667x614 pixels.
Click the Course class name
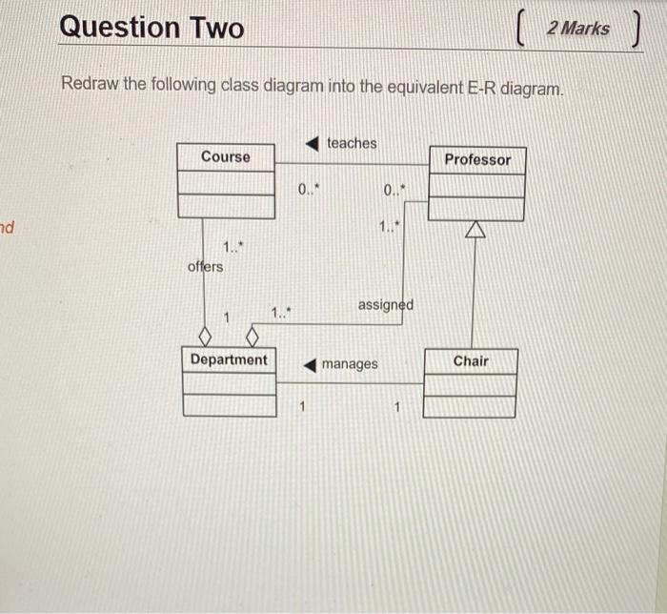click(226, 157)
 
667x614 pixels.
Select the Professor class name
click(477, 160)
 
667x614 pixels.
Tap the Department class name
click(229, 359)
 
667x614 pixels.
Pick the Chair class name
click(471, 360)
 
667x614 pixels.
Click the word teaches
click(352, 143)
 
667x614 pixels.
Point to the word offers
click(206, 266)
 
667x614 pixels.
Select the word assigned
click(385, 305)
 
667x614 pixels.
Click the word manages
click(350, 364)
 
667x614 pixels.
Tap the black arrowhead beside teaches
click(312, 143)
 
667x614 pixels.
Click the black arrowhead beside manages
click(310, 364)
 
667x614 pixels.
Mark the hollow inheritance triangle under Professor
click(475, 229)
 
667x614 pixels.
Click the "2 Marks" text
click(578, 28)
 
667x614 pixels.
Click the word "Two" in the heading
click(215, 27)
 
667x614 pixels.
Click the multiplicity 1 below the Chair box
click(397, 409)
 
